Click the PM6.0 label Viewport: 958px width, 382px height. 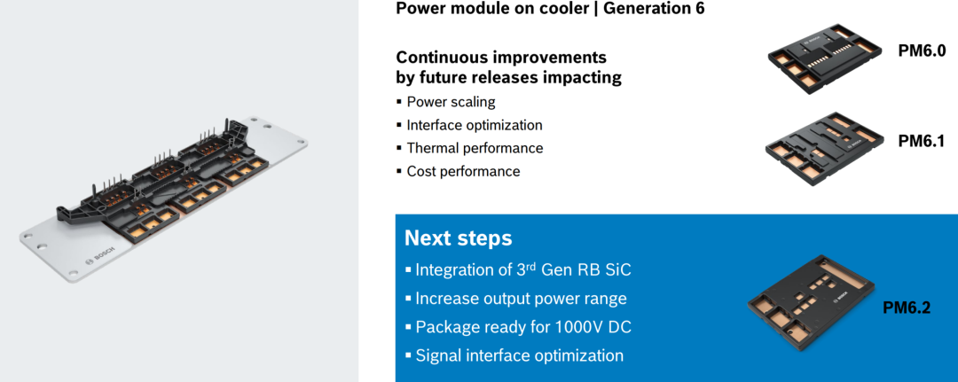point(922,51)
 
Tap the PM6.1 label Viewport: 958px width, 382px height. point(922,142)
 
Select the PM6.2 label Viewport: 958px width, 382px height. point(907,308)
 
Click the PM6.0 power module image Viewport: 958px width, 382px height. point(828,59)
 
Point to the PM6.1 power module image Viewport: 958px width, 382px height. point(826,149)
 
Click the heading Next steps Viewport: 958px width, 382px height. point(459,238)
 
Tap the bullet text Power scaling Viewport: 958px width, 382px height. point(451,102)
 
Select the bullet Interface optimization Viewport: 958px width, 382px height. point(475,125)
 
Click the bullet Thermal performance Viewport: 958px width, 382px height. point(475,148)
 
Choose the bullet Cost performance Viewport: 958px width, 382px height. point(463,171)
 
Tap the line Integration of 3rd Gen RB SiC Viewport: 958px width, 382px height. point(523,269)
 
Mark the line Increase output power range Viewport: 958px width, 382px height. point(522,299)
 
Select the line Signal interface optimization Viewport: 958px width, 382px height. point(519,355)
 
